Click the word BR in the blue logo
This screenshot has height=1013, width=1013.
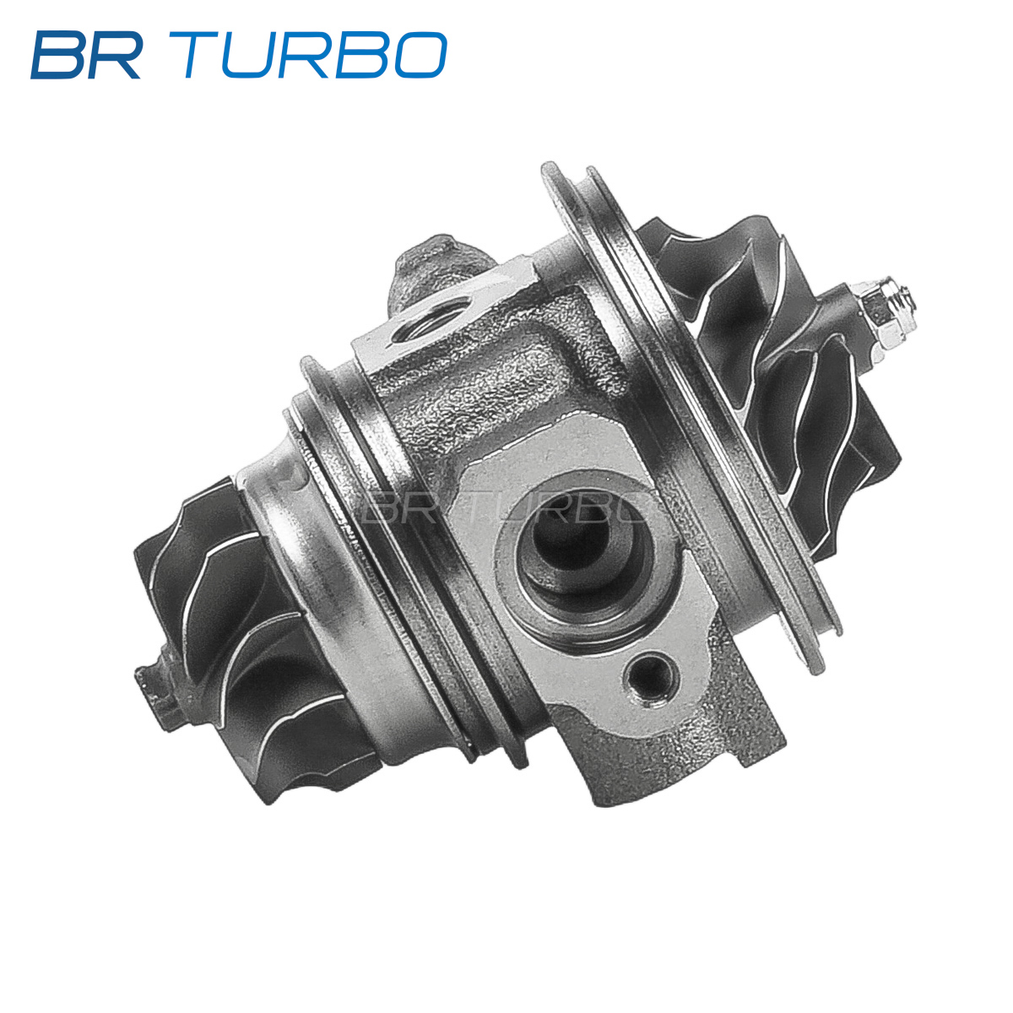coord(85,55)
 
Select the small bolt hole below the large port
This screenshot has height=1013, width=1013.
coord(650,678)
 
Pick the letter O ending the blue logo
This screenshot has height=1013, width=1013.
coord(420,55)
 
